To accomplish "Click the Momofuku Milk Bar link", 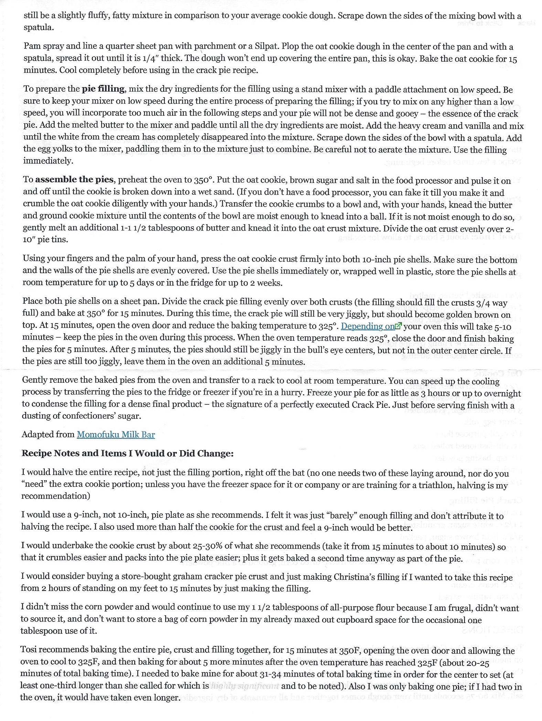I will click(x=116, y=434).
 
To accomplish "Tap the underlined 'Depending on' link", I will click(x=367, y=326).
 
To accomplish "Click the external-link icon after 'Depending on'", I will click(x=398, y=326).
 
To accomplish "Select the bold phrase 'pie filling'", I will click(x=103, y=89).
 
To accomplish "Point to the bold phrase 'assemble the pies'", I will click(x=74, y=180).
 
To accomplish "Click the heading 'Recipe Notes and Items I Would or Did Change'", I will click(x=127, y=453).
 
